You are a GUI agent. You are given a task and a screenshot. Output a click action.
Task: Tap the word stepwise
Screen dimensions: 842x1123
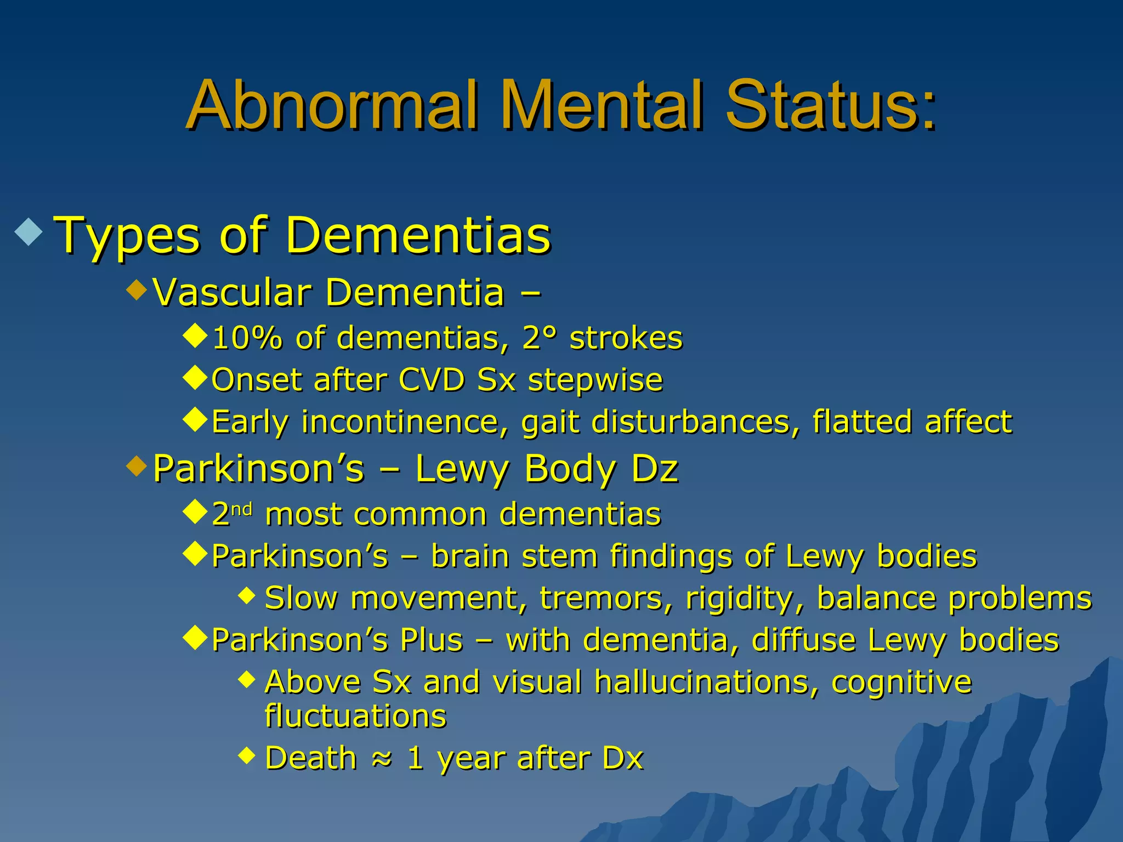pos(595,380)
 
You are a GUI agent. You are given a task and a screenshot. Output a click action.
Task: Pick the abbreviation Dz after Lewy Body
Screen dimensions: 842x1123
pos(655,469)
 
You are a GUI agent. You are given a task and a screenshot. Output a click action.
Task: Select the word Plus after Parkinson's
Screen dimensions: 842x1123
pos(432,640)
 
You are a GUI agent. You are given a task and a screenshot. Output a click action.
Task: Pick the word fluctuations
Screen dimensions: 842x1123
pos(355,716)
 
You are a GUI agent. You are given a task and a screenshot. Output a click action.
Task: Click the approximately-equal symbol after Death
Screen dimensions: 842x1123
pos(382,759)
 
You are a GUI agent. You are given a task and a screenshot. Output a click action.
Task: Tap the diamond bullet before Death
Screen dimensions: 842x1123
pos(247,756)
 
